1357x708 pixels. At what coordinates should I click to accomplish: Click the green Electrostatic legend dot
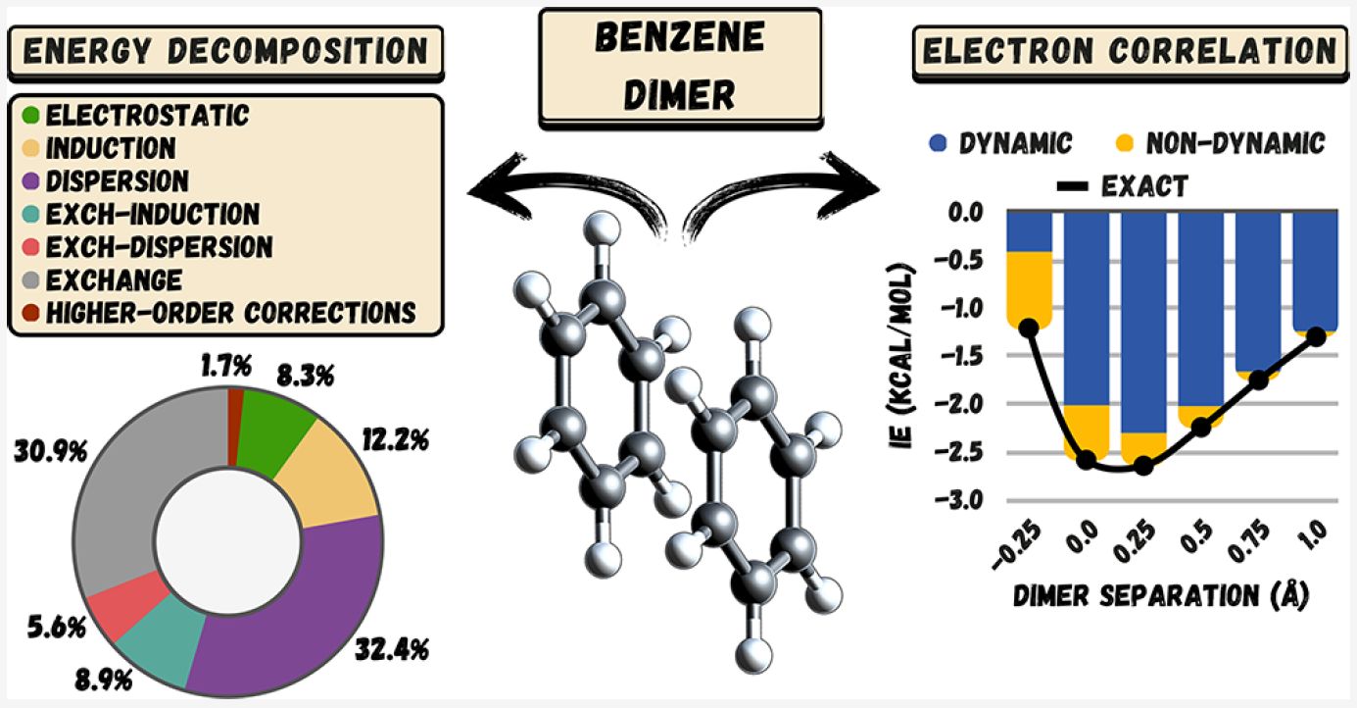tap(30, 117)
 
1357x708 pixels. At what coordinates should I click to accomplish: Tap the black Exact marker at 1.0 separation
tap(1316, 336)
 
